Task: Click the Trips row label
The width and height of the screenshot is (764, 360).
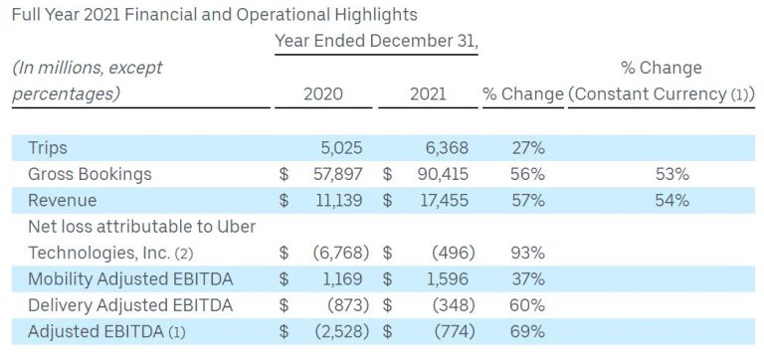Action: coord(48,148)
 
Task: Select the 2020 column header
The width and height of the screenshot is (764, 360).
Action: coord(323,94)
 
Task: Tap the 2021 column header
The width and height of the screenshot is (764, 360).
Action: coord(428,94)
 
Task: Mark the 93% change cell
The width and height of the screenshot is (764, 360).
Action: coord(526,253)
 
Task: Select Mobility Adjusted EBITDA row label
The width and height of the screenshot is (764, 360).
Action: coord(123,278)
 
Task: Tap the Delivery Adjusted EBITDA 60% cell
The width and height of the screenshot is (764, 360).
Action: coord(526,304)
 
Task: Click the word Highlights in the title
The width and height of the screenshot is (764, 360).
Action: coord(373,15)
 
